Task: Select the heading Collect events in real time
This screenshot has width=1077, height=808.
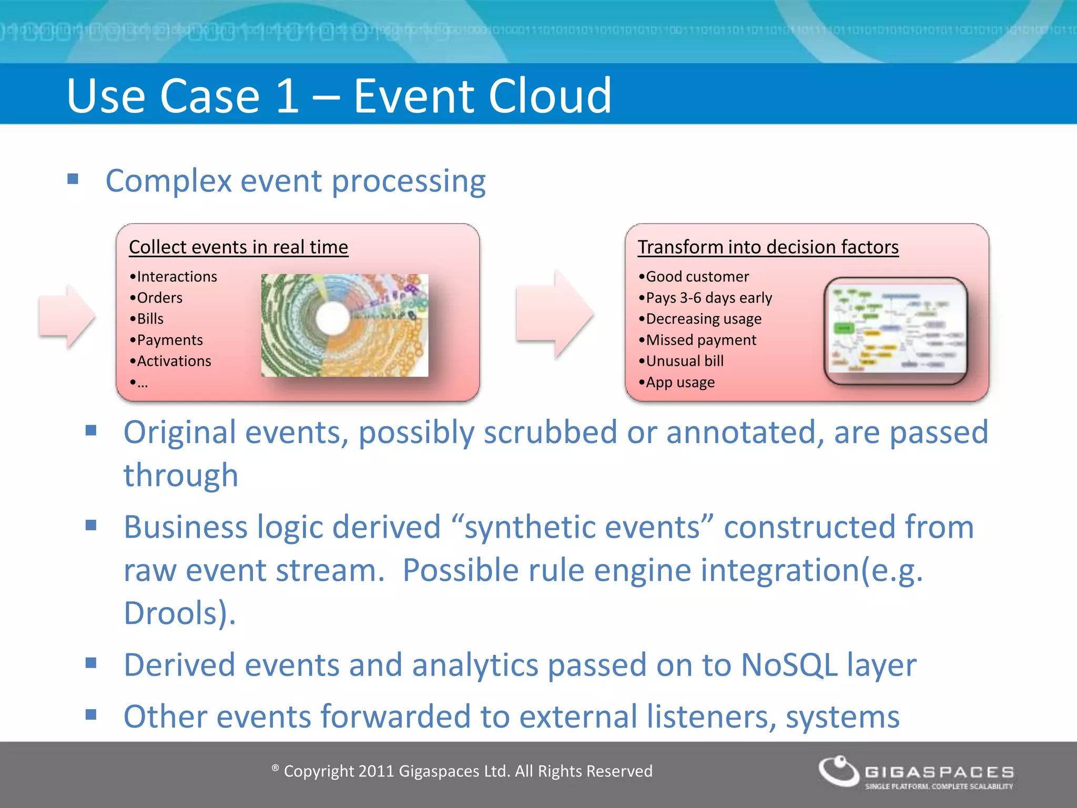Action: point(238,247)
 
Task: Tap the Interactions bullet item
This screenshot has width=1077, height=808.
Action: point(176,277)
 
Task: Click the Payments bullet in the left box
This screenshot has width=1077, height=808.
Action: point(169,340)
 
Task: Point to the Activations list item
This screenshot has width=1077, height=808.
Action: point(173,361)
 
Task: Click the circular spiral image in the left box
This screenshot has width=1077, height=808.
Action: point(344,325)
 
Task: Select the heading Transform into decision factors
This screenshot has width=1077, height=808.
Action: point(768,247)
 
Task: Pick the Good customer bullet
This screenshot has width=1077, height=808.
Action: point(696,277)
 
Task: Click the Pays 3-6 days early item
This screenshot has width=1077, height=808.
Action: point(708,298)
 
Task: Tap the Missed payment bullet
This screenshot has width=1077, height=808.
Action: point(700,340)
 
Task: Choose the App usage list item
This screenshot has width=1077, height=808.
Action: point(679,382)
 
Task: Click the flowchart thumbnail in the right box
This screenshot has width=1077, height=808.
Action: point(896,330)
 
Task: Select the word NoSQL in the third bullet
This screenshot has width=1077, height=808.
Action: point(788,665)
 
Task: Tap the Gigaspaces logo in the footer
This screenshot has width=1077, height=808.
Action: point(916,772)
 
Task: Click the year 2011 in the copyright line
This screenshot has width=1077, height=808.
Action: point(375,771)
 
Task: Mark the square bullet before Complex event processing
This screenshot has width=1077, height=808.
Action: point(73,179)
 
